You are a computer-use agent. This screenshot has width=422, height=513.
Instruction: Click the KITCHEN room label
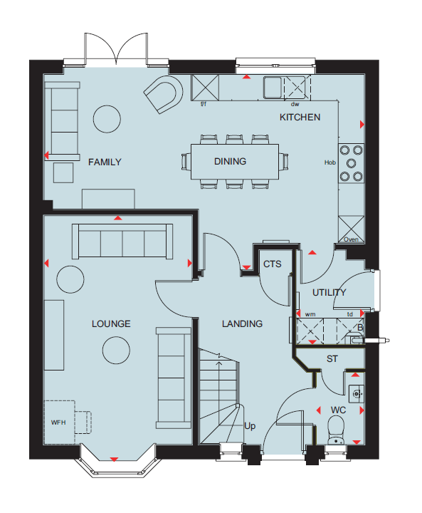pyautogui.click(x=300, y=117)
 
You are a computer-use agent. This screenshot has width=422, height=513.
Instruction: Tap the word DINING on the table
pyautogui.click(x=230, y=161)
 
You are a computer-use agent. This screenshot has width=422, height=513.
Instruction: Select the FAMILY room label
pyautogui.click(x=105, y=162)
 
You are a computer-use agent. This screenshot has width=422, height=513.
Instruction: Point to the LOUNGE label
pyautogui.click(x=111, y=324)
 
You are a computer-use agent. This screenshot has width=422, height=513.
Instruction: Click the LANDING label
pyautogui.click(x=242, y=324)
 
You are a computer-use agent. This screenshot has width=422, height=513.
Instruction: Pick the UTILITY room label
pyautogui.click(x=329, y=293)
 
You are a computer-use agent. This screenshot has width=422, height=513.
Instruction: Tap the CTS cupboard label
pyautogui.click(x=273, y=264)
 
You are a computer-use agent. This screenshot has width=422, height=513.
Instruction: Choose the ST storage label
pyautogui.click(x=332, y=359)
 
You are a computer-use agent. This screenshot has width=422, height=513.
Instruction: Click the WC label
pyautogui.click(x=338, y=410)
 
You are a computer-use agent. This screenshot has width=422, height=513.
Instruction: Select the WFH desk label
pyautogui.click(x=58, y=423)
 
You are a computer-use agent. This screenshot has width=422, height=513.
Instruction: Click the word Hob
pyautogui.click(x=330, y=162)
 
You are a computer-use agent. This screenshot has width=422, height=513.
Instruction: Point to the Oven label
pyautogui.click(x=351, y=239)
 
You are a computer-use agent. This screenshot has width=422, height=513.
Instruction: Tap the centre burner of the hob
pyautogui.click(x=351, y=163)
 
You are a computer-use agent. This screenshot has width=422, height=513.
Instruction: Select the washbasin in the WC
pyautogui.click(x=356, y=394)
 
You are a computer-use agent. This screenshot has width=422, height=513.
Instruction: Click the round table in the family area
pyautogui.click(x=107, y=119)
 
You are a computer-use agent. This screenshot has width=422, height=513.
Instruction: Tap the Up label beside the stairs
pyautogui.click(x=250, y=426)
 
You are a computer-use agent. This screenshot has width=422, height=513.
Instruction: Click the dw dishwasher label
pyautogui.click(x=295, y=104)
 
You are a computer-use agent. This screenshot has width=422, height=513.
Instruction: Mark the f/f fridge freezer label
pyautogui.click(x=204, y=104)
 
